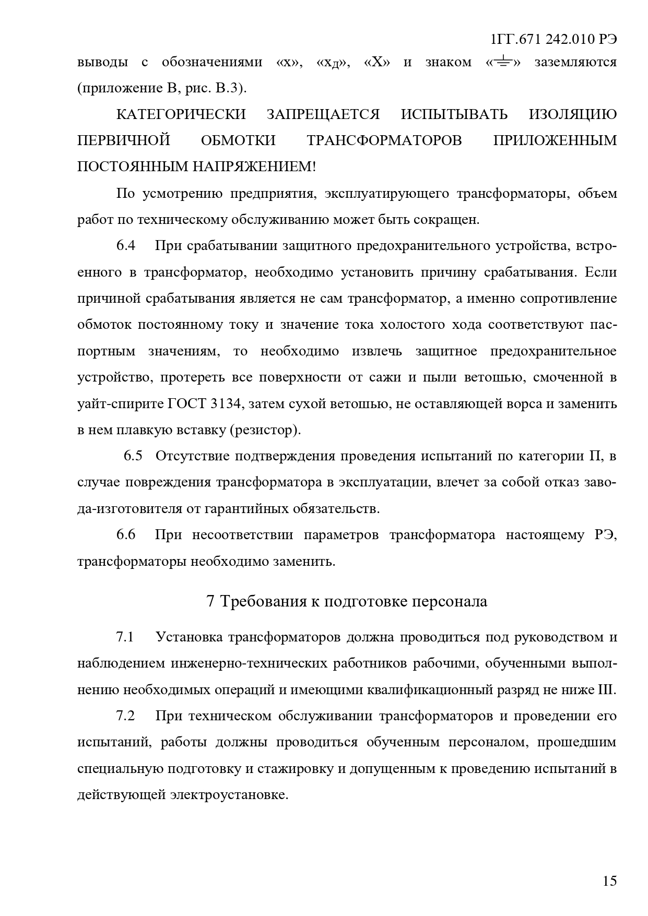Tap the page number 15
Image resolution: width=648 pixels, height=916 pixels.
609,881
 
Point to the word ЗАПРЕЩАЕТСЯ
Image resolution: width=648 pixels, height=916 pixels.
323,114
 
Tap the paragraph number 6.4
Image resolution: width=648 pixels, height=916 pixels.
126,246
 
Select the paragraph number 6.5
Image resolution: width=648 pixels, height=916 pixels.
133,456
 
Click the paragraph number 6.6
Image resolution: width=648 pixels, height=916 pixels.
126,535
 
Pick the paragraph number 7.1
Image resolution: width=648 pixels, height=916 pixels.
125,637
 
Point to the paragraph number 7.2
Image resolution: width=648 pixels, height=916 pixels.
125,716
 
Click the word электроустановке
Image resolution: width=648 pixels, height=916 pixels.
229,795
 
